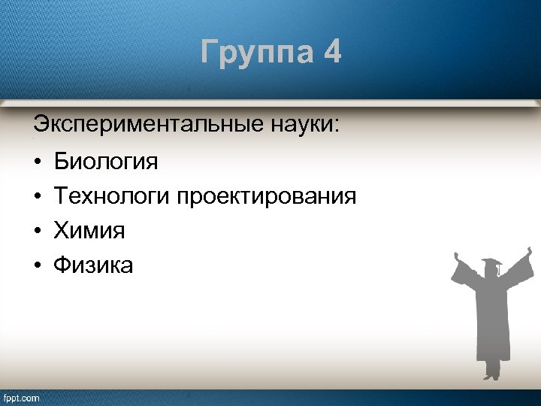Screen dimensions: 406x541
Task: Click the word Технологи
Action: coord(112,197)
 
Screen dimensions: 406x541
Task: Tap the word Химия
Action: coord(89,231)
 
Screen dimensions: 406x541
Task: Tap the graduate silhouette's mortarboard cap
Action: coord(492,264)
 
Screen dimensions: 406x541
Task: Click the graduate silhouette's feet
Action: coord(492,374)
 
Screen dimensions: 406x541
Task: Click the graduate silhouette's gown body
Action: coord(492,323)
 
